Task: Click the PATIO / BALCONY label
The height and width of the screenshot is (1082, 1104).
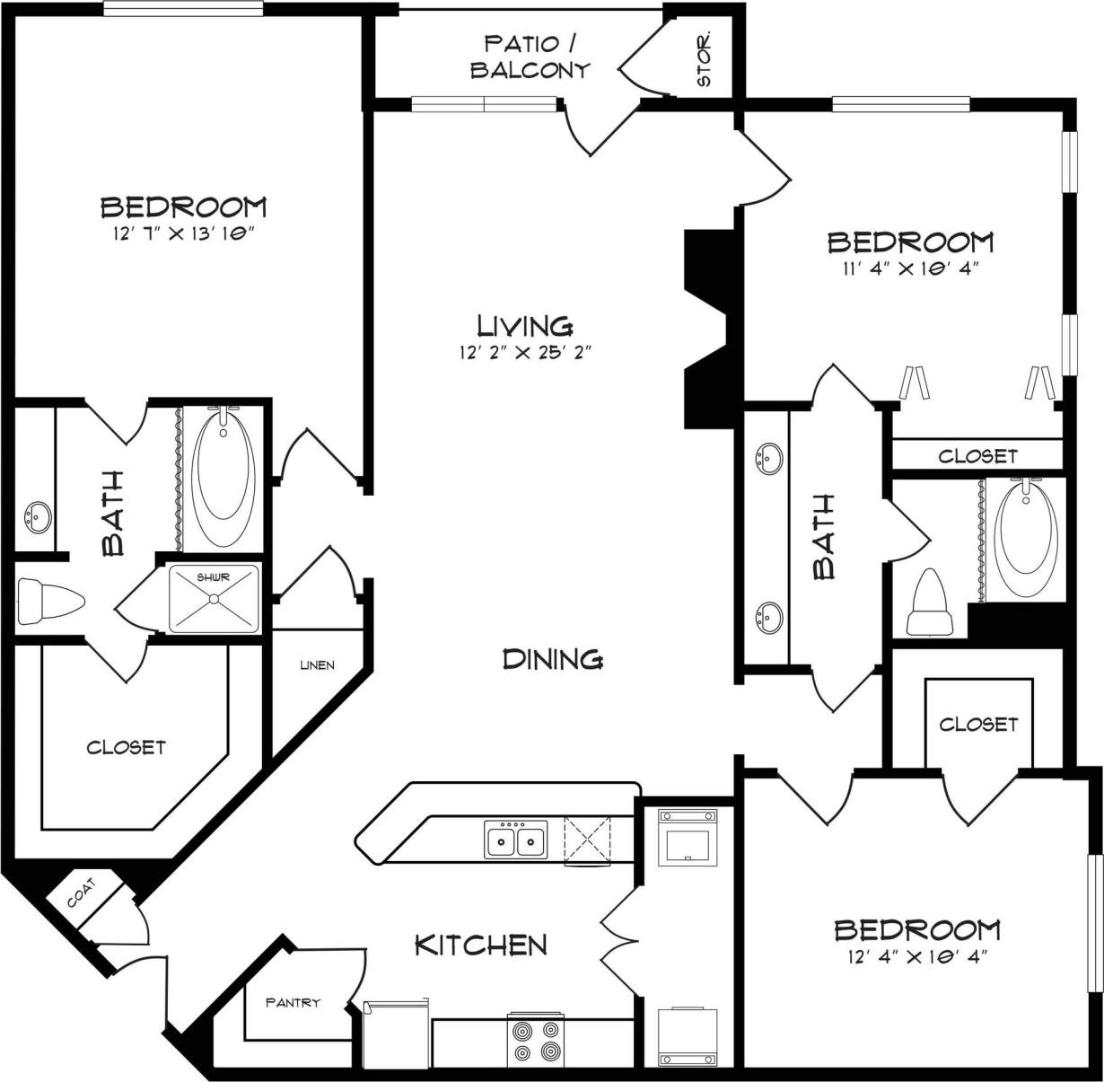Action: [530, 57]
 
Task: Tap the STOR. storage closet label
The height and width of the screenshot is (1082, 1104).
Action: [705, 60]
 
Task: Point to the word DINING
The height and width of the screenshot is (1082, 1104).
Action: [552, 660]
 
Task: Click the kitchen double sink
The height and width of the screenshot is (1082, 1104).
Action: [516, 840]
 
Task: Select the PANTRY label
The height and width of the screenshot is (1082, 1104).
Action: [293, 1002]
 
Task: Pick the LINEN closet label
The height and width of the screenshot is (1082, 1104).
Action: [317, 665]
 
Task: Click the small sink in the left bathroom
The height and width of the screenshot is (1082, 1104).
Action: [37, 517]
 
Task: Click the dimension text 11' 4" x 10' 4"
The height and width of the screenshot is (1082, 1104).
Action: [909, 268]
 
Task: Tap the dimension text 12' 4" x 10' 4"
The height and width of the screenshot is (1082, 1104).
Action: [916, 956]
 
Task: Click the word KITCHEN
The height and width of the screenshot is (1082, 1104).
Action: [480, 945]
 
